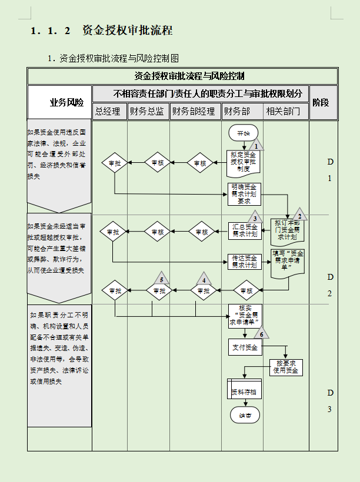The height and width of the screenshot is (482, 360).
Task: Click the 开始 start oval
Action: (244, 133)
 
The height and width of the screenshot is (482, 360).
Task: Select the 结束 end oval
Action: (244, 415)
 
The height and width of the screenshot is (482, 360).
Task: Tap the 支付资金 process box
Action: (245, 347)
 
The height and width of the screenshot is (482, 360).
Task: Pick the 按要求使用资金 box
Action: (286, 367)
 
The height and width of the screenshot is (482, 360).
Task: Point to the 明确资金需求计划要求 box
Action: (244, 193)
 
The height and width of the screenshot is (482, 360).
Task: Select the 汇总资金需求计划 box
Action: (244, 231)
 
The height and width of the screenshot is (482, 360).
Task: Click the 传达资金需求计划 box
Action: (244, 261)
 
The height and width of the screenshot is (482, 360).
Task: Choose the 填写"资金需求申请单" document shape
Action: (288, 262)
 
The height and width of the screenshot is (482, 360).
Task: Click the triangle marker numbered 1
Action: (255, 144)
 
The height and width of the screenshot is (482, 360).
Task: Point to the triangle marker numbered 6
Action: (261, 333)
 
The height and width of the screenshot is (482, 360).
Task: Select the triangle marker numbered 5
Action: (161, 279)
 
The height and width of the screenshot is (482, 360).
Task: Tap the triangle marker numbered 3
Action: (255, 217)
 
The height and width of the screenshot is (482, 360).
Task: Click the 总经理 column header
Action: (109, 111)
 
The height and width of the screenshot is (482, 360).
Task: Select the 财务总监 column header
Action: (148, 111)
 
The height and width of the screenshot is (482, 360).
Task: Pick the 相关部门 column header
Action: (286, 111)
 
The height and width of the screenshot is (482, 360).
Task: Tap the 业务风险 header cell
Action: (66, 102)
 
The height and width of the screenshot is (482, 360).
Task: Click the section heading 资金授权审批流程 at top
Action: (127, 31)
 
